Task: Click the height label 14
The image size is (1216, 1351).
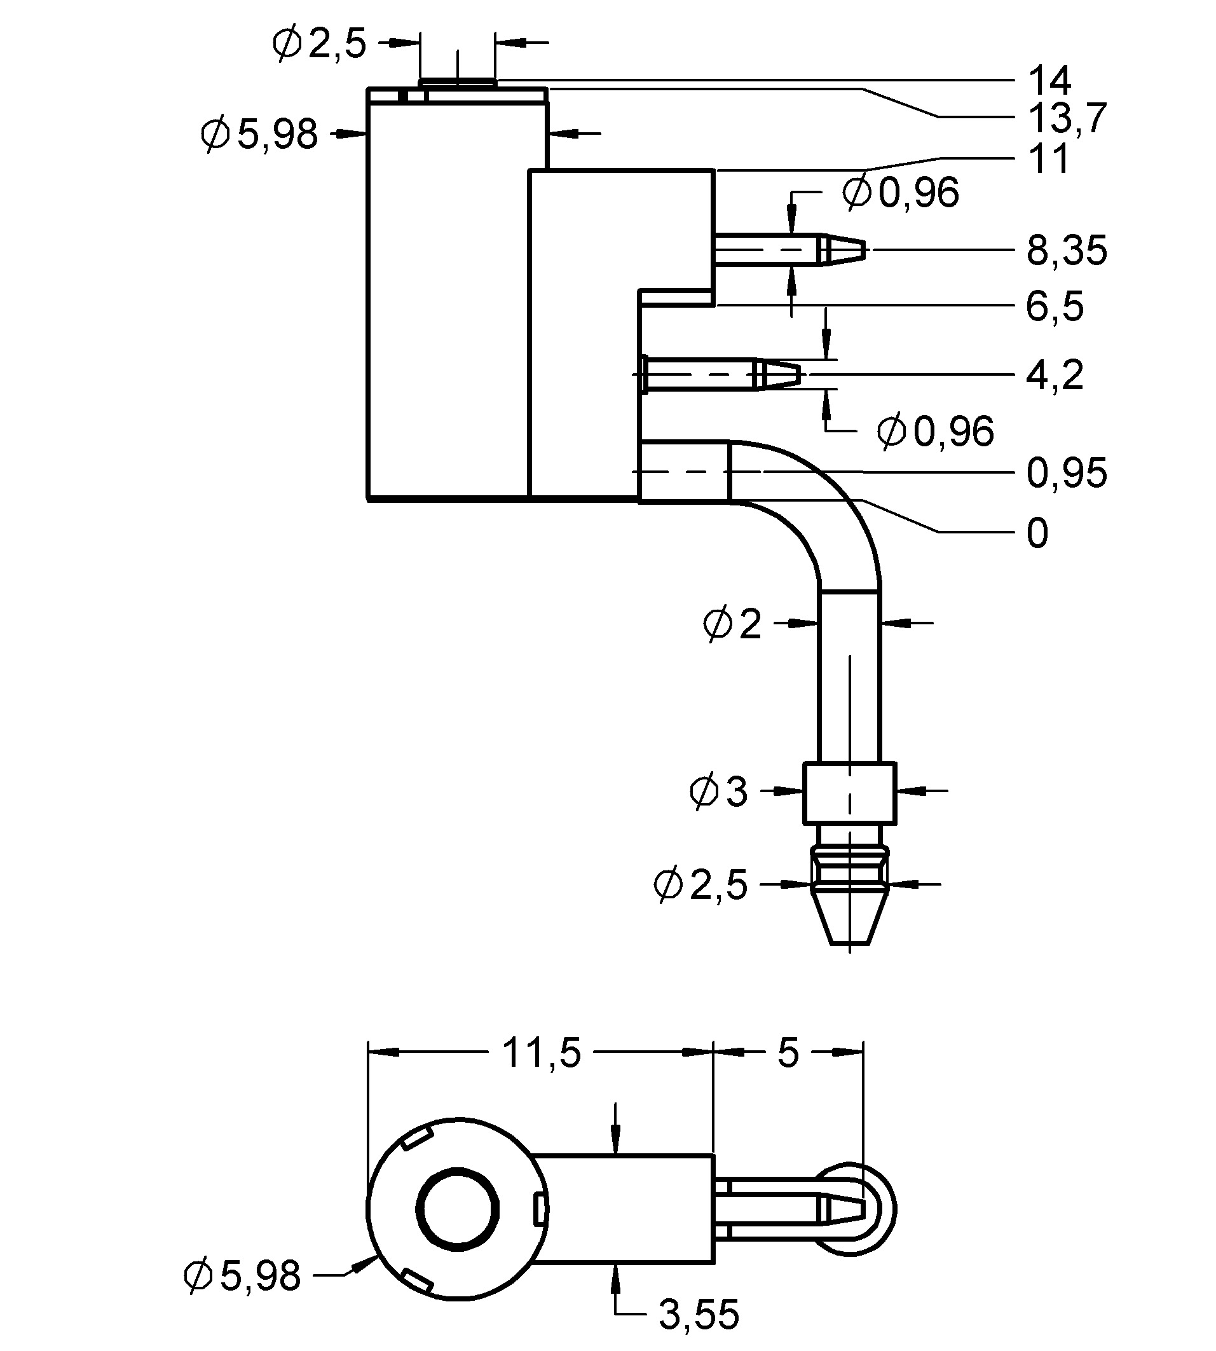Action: click(1049, 80)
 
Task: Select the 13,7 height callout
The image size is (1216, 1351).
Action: click(1067, 118)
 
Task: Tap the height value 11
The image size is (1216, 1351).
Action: click(1049, 160)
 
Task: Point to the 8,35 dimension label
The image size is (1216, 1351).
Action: click(1067, 251)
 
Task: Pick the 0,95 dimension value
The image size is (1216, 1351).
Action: click(1067, 474)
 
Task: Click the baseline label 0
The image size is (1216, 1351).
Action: click(1037, 534)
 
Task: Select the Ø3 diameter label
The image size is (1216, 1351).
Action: click(718, 792)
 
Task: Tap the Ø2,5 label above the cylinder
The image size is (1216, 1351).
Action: click(319, 44)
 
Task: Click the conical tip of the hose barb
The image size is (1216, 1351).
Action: click(849, 921)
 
